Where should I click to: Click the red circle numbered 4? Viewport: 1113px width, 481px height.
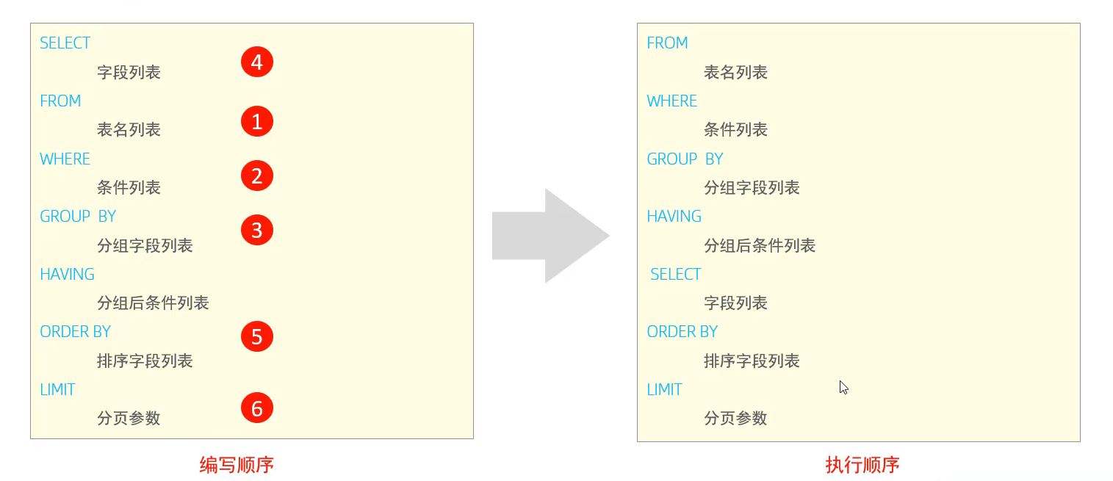[257, 62]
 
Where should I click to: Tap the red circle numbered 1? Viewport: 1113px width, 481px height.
[257, 121]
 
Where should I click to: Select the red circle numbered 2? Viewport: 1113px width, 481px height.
[257, 176]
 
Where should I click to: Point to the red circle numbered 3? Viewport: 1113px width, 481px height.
[257, 231]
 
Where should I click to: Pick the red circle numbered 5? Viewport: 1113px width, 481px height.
[257, 336]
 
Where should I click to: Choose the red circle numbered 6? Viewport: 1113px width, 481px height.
[257, 408]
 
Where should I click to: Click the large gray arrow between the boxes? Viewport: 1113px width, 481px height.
[551, 236]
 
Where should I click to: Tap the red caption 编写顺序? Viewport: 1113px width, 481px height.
[237, 465]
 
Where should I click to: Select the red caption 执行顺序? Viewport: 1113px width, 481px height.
[862, 465]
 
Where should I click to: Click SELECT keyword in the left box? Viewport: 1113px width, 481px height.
[65, 43]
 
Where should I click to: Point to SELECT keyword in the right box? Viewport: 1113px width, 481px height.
[675, 275]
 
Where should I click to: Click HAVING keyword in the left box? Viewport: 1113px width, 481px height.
[67, 275]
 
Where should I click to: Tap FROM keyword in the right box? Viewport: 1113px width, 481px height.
[667, 43]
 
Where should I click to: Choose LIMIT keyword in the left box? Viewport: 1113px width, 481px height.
[57, 390]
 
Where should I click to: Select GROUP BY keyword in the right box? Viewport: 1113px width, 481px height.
[685, 159]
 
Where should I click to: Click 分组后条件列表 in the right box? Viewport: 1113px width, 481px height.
[760, 246]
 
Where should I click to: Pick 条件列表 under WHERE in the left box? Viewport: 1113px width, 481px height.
[129, 188]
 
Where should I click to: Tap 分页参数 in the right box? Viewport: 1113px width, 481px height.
[735, 419]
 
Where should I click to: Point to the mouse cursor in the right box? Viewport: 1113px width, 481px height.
[843, 387]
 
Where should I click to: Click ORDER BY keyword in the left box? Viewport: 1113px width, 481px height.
[75, 332]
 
